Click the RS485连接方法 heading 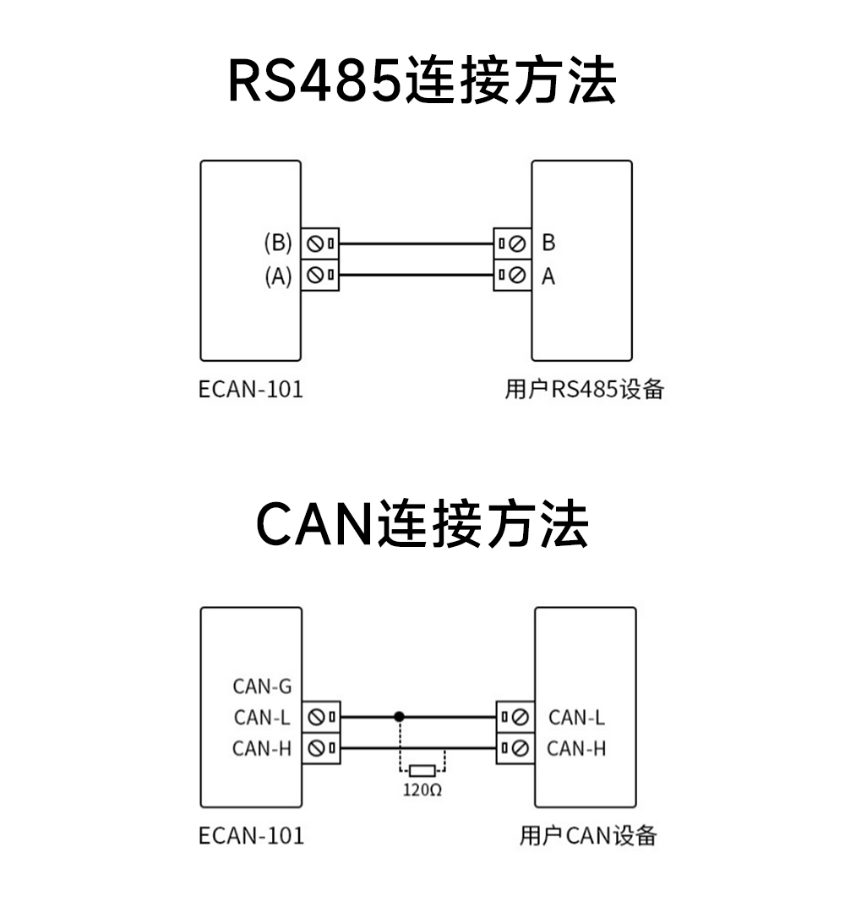pyautogui.click(x=422, y=82)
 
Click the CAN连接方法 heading pyautogui.click(x=422, y=524)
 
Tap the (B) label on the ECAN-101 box pyautogui.click(x=278, y=243)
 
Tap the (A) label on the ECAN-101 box pyautogui.click(x=278, y=276)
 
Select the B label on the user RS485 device pyautogui.click(x=548, y=243)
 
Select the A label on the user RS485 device pyautogui.click(x=548, y=276)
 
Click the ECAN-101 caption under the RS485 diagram pyautogui.click(x=250, y=390)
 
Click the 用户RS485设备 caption pyautogui.click(x=584, y=390)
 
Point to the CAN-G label pyautogui.click(x=262, y=686)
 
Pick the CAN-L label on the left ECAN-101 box pyautogui.click(x=262, y=718)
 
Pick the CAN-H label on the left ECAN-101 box pyautogui.click(x=262, y=748)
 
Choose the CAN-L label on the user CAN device pyautogui.click(x=576, y=718)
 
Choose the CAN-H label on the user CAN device pyautogui.click(x=576, y=748)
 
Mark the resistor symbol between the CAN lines pyautogui.click(x=422, y=770)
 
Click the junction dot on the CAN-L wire pyautogui.click(x=400, y=717)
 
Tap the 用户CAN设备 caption pyautogui.click(x=588, y=836)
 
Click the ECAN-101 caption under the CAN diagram pyautogui.click(x=250, y=836)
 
